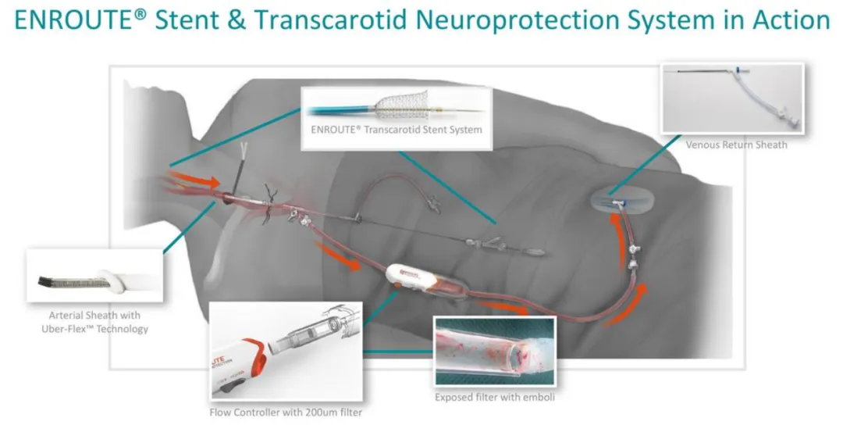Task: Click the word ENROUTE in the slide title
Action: pyautogui.click(x=66, y=21)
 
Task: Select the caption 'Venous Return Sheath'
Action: pyautogui.click(x=736, y=145)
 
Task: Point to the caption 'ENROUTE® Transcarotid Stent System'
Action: pyautogui.click(x=397, y=129)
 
